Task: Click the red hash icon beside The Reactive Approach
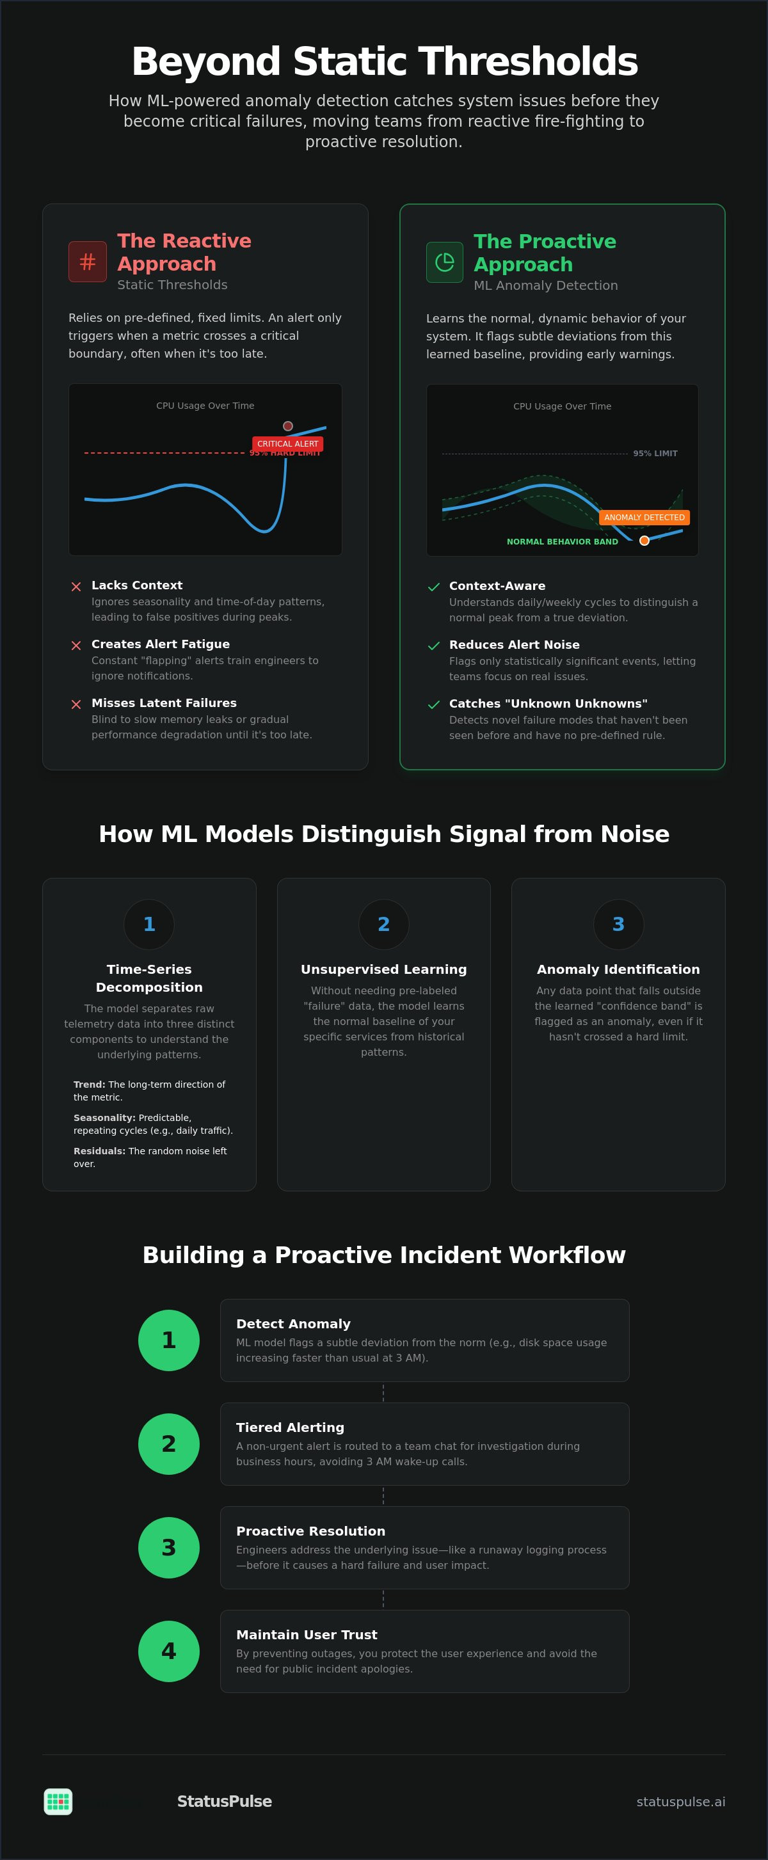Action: pos(88,262)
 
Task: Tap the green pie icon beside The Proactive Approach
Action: pos(444,262)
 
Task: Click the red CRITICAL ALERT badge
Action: pos(287,444)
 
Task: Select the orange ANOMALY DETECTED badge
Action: pos(644,518)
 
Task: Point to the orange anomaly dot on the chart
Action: pos(644,541)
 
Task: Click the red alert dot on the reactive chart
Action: pos(287,426)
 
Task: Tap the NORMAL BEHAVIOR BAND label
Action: pos(562,541)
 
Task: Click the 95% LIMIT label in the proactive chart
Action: pos(655,454)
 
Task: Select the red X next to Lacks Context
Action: pos(76,586)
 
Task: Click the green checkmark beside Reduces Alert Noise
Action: pos(433,646)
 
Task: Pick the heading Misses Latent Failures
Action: pos(164,703)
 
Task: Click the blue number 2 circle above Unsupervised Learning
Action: pos(383,924)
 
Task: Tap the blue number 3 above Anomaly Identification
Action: pos(618,924)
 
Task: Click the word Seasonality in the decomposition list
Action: pos(104,1118)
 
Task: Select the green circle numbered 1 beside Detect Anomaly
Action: pos(169,1340)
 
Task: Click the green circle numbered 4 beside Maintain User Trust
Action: pos(169,1651)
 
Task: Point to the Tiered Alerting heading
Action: pos(291,1427)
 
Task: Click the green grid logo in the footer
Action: pos(58,1802)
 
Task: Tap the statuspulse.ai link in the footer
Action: pos(680,1802)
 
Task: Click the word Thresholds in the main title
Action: pos(528,61)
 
